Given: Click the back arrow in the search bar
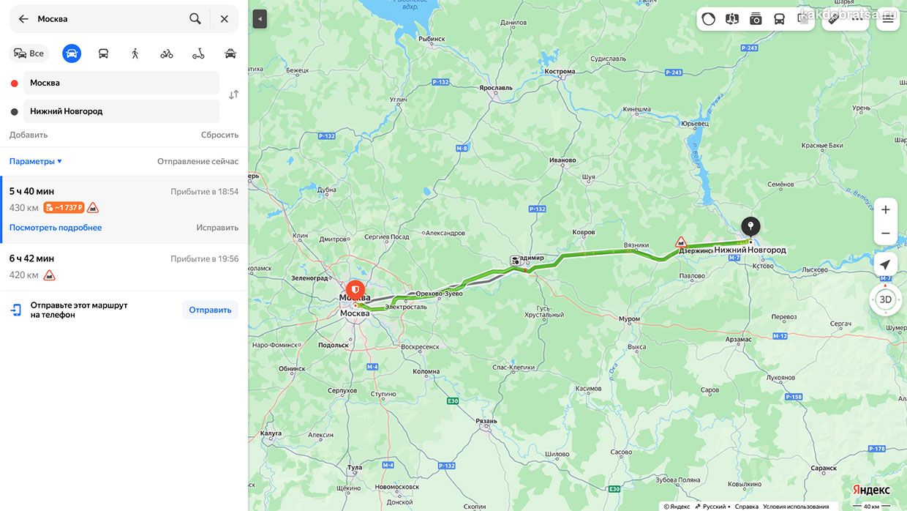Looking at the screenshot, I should click(x=23, y=19).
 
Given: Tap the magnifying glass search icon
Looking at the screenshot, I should click(x=195, y=19).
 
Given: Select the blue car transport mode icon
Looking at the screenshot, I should click(x=72, y=53).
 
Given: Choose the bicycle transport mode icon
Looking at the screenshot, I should click(x=167, y=53).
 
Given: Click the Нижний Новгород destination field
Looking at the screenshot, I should click(x=121, y=111).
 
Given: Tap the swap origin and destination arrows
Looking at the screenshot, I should click(x=233, y=94).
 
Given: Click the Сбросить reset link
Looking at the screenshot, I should click(x=219, y=135).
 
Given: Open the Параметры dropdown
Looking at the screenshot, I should click(x=35, y=161).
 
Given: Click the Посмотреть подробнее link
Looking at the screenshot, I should click(x=56, y=228).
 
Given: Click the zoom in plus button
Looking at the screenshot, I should click(x=885, y=210).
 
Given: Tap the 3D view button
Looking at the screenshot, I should click(x=885, y=299).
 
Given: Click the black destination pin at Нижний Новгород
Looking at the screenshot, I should click(x=750, y=227).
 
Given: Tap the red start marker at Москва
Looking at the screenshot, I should click(x=355, y=290).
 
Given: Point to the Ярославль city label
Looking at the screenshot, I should click(x=496, y=88).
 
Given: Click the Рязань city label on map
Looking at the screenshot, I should click(x=486, y=421).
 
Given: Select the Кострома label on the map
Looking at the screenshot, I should click(x=560, y=72).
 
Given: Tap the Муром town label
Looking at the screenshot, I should click(x=629, y=319).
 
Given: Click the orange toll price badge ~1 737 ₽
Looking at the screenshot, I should click(x=64, y=208).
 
